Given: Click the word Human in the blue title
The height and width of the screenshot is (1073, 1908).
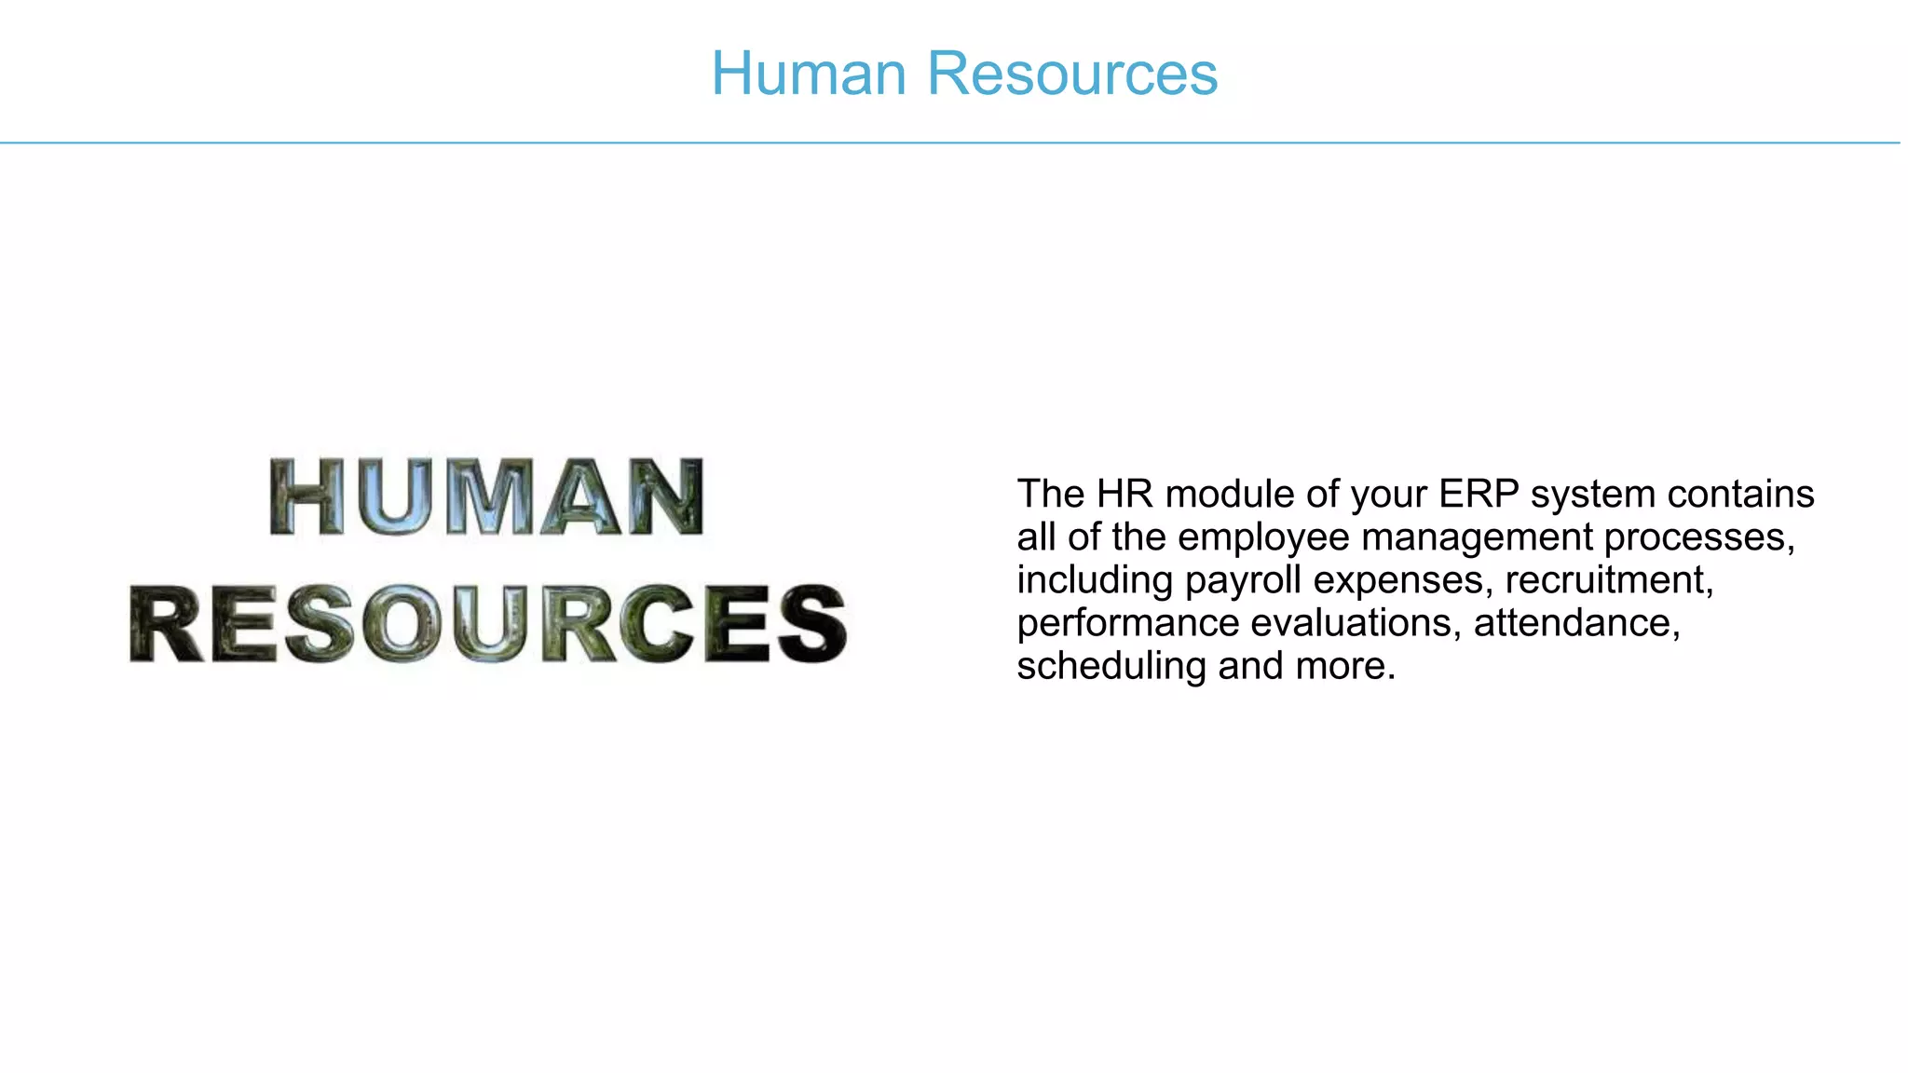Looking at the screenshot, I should (809, 74).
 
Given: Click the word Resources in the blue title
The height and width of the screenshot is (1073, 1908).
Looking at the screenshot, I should (1072, 74).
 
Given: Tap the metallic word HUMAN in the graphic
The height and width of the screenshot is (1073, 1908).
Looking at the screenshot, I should (486, 497).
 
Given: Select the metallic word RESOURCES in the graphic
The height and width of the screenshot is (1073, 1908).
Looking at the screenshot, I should (488, 624).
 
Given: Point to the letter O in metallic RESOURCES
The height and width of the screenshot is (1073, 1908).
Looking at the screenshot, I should (403, 624).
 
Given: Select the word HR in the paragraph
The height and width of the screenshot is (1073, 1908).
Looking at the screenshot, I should (1124, 494).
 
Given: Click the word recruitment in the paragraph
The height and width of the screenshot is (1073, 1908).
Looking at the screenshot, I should (1609, 580).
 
